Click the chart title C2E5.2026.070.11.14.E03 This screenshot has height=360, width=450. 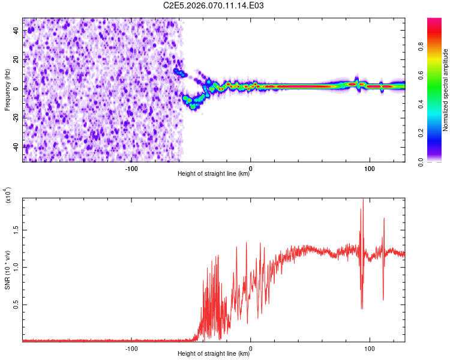(x=214, y=5)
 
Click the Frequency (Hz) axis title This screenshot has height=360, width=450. (x=8, y=90)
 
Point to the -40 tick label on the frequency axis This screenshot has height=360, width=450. (x=16, y=147)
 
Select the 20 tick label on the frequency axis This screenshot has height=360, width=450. (x=16, y=60)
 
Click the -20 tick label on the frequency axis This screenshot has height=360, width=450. (x=16, y=118)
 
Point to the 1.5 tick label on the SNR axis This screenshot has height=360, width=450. (x=16, y=229)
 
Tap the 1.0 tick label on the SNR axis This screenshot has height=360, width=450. (x=16, y=267)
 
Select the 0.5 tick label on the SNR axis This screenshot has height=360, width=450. (x=16, y=305)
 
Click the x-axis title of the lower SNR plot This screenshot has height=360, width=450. (x=214, y=354)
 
